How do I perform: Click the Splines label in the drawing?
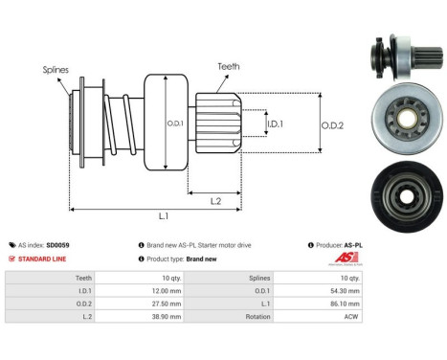pos(56,70)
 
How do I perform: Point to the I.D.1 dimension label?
pos(275,124)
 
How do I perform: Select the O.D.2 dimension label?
pos(334,124)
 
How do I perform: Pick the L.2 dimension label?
pos(216,199)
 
